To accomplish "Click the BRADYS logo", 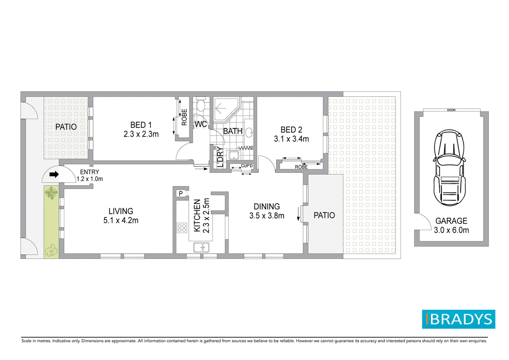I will [x=458, y=319].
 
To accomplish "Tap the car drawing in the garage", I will [x=449, y=168].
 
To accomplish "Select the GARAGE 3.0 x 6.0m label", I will [x=451, y=225].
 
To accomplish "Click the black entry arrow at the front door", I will [x=54, y=174].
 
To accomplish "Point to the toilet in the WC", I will [x=201, y=105].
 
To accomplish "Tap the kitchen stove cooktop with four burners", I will [x=182, y=228].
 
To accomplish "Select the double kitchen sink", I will [x=201, y=247].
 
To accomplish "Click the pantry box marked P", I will [x=181, y=193].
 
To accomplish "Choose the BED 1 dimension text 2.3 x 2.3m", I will [x=141, y=134].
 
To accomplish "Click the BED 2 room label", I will [x=291, y=130].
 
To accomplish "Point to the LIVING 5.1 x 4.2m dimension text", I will [x=121, y=220].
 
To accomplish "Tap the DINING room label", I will [x=266, y=206].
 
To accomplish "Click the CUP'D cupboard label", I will [x=247, y=166].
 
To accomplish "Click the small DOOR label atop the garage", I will [x=451, y=110].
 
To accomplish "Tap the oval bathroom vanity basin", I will [x=249, y=133].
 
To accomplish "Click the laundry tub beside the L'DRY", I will [x=234, y=155].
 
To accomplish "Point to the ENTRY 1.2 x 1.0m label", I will [x=89, y=175].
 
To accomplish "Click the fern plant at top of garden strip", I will [x=51, y=193].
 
